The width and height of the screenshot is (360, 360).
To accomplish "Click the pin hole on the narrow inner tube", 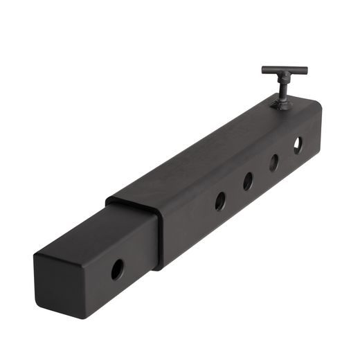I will pyautogui.click(x=118, y=269).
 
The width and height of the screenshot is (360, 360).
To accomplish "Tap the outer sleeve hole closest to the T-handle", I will pyautogui.click(x=298, y=145).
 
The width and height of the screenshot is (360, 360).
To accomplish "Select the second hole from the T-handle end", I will pyautogui.click(x=273, y=162).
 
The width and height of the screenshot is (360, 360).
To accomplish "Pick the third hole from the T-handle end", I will pyautogui.click(x=247, y=181).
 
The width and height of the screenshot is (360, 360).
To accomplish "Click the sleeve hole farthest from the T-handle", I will pyautogui.click(x=220, y=201).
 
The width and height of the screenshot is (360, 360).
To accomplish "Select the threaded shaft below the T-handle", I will pyautogui.click(x=284, y=89).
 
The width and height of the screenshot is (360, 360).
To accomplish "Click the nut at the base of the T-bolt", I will pyautogui.click(x=283, y=104).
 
